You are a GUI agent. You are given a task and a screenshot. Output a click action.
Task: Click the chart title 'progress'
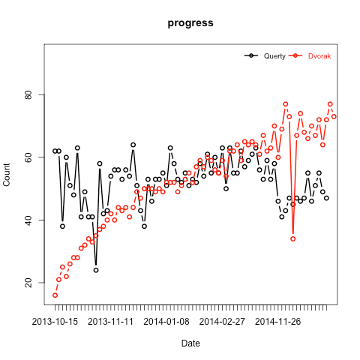pyautogui.click(x=190, y=23)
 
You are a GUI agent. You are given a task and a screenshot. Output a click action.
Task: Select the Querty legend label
pyautogui.click(x=274, y=56)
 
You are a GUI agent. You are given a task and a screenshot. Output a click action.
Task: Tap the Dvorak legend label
pyautogui.click(x=319, y=56)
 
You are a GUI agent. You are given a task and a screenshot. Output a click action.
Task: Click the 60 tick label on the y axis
pyautogui.click(x=28, y=157)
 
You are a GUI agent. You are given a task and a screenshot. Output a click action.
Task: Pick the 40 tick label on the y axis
pyautogui.click(x=28, y=220)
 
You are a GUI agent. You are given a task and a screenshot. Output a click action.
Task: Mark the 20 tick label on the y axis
pyautogui.click(x=28, y=283)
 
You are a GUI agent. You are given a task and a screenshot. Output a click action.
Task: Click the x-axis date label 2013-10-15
pyautogui.click(x=55, y=322)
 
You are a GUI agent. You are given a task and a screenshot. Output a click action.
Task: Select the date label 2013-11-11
pyautogui.click(x=111, y=322)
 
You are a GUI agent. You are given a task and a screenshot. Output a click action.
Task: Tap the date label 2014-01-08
pyautogui.click(x=166, y=322)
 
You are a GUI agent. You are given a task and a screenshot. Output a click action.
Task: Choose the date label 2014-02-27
pyautogui.click(x=222, y=322)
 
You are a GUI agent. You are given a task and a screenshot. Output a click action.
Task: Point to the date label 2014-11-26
pyautogui.click(x=278, y=322)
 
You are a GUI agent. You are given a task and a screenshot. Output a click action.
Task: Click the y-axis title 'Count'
pyautogui.click(x=7, y=175)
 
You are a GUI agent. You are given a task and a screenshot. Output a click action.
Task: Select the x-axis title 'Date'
pyautogui.click(x=190, y=343)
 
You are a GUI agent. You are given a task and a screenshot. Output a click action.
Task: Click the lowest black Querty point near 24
pyautogui.click(x=96, y=270)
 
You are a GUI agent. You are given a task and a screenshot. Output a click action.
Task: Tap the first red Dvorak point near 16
pyautogui.click(x=55, y=295)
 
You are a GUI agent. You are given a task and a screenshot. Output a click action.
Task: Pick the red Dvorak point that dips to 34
pyautogui.click(x=293, y=238)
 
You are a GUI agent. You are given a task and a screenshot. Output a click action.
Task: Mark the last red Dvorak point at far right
pyautogui.click(x=334, y=117)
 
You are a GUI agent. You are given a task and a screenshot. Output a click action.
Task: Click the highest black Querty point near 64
pyautogui.click(x=133, y=145)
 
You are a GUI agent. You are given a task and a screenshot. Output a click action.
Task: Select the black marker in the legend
pyautogui.click(x=251, y=55)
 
